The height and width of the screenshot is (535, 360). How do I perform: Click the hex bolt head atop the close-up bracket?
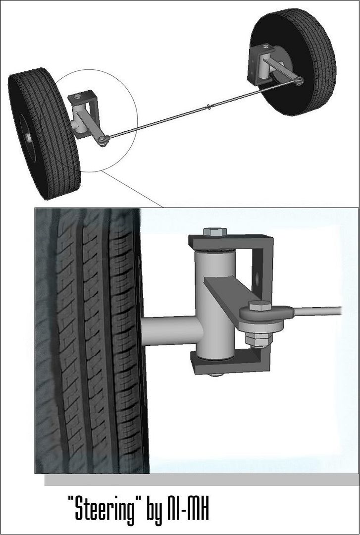[215, 232]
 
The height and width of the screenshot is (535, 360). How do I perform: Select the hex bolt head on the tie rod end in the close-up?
[259, 305]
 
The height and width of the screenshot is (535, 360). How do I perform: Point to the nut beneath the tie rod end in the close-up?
[258, 339]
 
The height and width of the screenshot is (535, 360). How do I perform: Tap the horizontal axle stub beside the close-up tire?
[172, 330]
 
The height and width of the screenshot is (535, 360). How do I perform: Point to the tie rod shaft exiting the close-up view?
[317, 311]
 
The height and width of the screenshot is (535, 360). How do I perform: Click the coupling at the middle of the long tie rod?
[208, 107]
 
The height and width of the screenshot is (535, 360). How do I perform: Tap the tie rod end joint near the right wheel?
[299, 81]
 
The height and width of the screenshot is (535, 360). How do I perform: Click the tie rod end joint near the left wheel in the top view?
[103, 139]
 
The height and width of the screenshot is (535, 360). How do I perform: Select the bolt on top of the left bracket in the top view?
[77, 96]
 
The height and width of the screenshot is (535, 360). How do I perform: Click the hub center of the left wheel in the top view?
[29, 138]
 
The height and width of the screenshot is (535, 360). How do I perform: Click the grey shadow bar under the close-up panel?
[202, 480]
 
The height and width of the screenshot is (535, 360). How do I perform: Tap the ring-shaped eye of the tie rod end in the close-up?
[265, 314]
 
